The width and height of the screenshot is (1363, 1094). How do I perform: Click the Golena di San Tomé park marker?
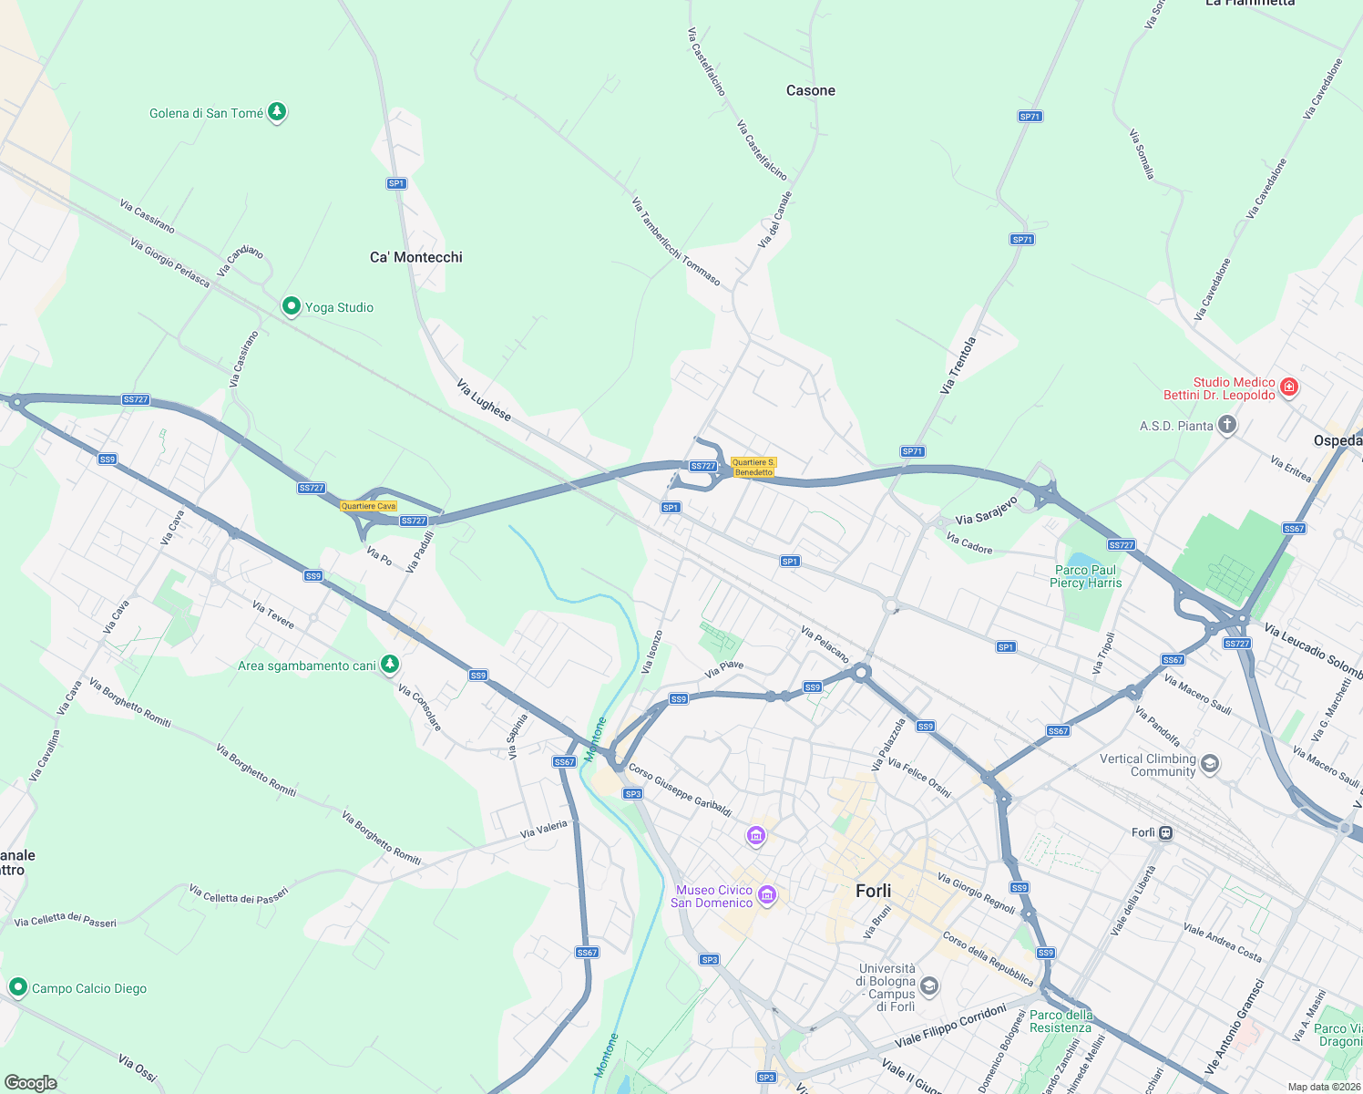coord(278,112)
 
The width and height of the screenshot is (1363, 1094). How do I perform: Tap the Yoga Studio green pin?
coord(292,306)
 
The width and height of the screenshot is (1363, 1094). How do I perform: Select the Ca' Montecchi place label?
coord(416,257)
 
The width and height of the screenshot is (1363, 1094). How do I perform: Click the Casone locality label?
coord(811,90)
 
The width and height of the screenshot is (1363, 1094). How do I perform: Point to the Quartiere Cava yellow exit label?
coord(369,506)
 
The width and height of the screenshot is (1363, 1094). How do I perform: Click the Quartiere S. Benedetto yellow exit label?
coord(753,467)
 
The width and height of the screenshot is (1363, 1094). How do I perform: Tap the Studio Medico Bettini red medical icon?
coord(1288,387)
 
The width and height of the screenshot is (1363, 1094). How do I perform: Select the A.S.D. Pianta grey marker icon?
coord(1227,425)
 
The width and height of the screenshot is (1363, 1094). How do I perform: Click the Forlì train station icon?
coord(1165,832)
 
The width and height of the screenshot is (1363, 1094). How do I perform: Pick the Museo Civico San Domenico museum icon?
coord(767,895)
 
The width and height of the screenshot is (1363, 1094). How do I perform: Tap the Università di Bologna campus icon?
coord(928,985)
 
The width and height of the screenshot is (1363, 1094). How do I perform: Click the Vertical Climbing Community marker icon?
coord(1210,764)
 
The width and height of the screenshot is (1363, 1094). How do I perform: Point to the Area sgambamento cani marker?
coord(390,665)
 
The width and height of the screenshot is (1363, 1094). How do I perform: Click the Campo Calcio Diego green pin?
coord(17,987)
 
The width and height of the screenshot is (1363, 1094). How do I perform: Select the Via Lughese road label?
coord(484,400)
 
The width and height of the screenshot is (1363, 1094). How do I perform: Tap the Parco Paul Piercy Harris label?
coord(1085,576)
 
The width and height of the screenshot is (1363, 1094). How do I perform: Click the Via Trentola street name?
coord(958,366)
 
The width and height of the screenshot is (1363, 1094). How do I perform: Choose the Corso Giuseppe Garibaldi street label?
coord(680,790)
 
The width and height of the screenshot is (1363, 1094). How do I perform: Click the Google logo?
coord(30,1083)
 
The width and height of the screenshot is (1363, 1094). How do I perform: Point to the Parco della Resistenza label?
coord(1061,1021)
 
